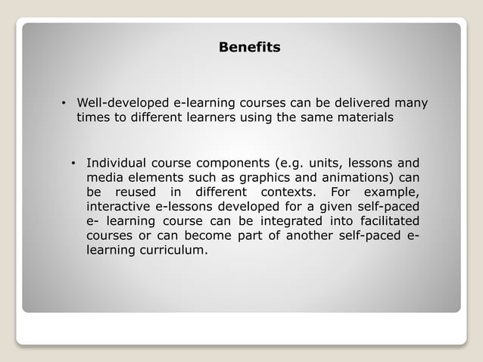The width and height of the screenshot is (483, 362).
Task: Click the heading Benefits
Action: (x=249, y=48)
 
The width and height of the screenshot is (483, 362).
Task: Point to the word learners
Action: (x=204, y=118)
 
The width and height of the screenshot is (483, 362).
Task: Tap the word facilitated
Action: (x=386, y=220)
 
